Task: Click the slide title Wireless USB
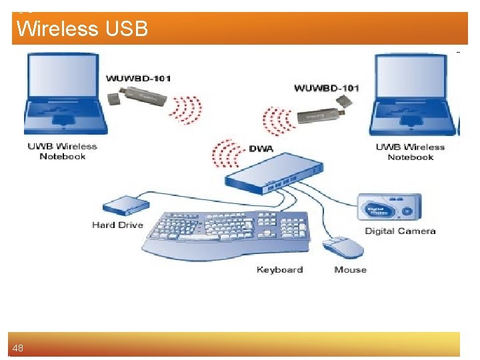point(82,29)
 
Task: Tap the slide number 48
point(17,348)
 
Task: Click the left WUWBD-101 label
point(139,79)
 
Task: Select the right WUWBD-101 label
point(327,88)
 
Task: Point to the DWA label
point(261,147)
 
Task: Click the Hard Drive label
point(117,225)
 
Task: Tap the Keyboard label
point(279,270)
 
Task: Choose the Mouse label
point(350,270)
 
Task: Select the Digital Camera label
point(400,231)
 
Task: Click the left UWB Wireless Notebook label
point(63,151)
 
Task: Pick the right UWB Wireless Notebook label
point(410,152)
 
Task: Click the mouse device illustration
point(344,247)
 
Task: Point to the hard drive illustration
point(124,203)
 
